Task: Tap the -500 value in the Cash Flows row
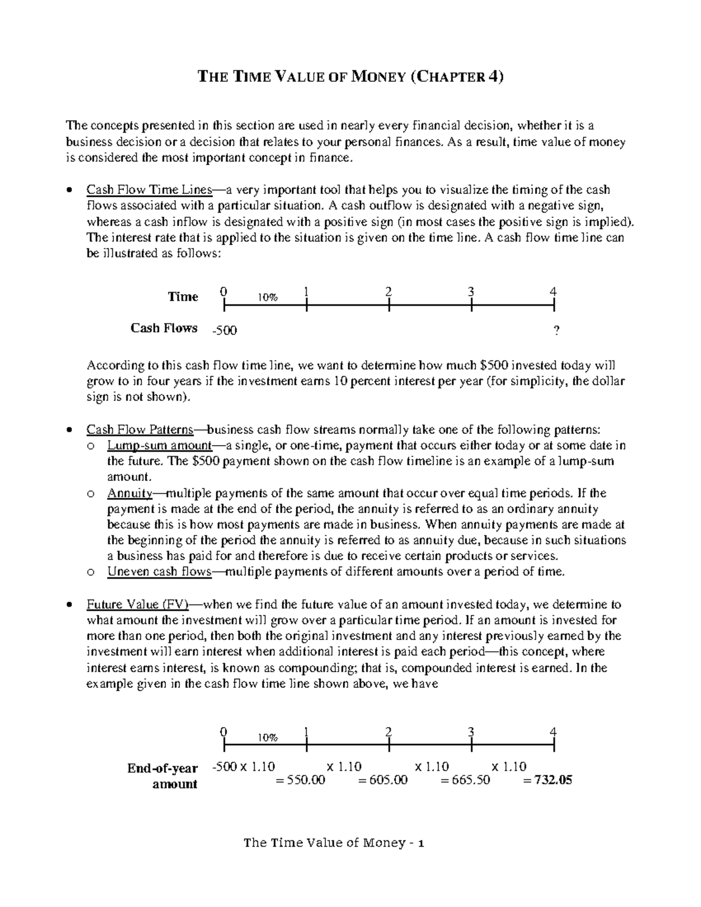224,331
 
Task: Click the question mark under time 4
556,331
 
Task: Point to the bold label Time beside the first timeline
183,297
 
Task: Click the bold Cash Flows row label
164,328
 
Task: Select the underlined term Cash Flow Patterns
140,430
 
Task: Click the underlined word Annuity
130,493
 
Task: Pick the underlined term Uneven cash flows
159,572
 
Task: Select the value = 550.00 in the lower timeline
300,780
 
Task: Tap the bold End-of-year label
163,768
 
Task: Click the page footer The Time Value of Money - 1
334,842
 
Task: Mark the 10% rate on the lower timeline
268,738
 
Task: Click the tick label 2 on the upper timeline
388,291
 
